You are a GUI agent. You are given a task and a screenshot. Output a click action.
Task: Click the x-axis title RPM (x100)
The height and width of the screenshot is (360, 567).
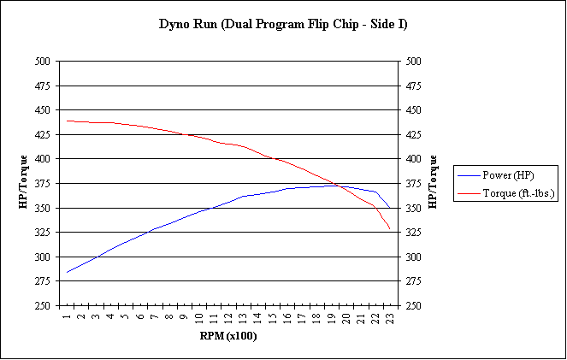(227, 335)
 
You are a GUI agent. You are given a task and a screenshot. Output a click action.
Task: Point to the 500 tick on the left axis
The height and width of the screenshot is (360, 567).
(42, 62)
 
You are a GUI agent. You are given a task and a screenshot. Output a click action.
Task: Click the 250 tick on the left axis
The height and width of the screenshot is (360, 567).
(42, 306)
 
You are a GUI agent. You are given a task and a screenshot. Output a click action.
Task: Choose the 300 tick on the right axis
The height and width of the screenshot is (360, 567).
(413, 257)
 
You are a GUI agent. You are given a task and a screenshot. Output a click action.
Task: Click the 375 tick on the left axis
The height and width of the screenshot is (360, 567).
(42, 184)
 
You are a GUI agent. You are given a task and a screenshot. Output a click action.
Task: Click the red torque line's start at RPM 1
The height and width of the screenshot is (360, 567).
(67, 121)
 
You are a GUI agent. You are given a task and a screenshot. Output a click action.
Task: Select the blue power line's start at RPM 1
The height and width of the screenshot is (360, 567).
(67, 273)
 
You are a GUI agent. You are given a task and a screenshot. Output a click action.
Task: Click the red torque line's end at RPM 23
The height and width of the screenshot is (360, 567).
(390, 229)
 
